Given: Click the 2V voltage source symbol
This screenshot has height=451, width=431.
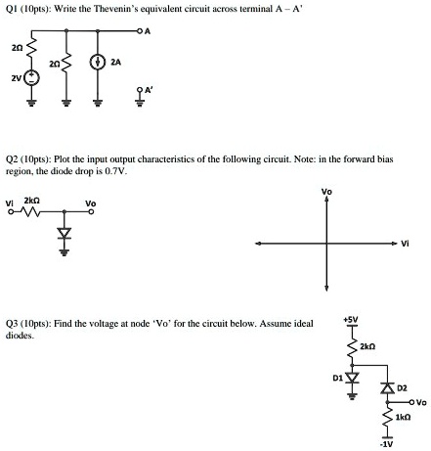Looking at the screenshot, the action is pyautogui.click(x=32, y=77).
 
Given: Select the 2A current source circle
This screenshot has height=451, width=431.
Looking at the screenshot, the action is pyautogui.click(x=97, y=63).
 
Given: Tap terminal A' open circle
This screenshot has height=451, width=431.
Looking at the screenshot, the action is pyautogui.click(x=140, y=89).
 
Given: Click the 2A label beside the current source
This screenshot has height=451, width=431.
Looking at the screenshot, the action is pyautogui.click(x=116, y=62).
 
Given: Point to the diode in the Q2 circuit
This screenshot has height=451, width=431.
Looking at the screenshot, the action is pyautogui.click(x=65, y=233).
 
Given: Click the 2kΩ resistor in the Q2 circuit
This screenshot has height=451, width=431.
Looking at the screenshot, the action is pyautogui.click(x=31, y=212).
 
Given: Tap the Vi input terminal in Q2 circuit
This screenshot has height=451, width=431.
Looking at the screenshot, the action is pyautogui.click(x=11, y=212).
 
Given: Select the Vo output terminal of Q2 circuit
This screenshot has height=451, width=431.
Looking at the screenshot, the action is pyautogui.click(x=92, y=212).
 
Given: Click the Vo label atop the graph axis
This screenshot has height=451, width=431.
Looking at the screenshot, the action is pyautogui.click(x=326, y=192).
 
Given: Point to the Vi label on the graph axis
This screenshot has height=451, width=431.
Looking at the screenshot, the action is pyautogui.click(x=405, y=243).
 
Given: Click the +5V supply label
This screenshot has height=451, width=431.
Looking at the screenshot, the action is pyautogui.click(x=351, y=320).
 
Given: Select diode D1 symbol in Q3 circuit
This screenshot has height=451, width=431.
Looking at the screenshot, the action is pyautogui.click(x=352, y=378).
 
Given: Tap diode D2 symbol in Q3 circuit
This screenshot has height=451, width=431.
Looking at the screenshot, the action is pyautogui.click(x=388, y=388).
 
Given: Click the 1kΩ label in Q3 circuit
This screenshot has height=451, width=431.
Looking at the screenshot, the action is pyautogui.click(x=403, y=417).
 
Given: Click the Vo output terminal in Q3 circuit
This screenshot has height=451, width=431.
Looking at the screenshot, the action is pyautogui.click(x=412, y=402).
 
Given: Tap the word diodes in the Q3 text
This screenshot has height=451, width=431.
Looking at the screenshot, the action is pyautogui.click(x=20, y=336).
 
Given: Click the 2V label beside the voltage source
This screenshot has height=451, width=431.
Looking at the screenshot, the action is pyautogui.click(x=17, y=78).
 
